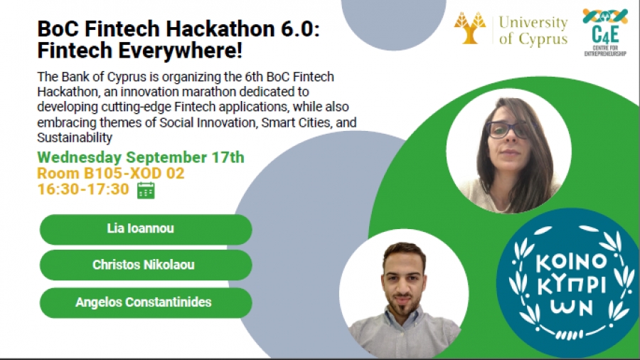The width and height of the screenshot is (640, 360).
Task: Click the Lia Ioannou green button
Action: click(146, 229)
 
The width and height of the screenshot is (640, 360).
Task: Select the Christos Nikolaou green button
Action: click(146, 265)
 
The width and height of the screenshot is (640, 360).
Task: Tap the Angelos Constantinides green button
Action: click(146, 303)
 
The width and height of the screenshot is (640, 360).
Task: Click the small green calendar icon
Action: click(146, 191)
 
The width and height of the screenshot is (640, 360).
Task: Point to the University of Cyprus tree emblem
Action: click(470, 28)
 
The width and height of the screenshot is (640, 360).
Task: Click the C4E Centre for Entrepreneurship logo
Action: click(605, 33)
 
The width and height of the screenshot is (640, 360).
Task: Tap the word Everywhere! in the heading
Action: click(180, 51)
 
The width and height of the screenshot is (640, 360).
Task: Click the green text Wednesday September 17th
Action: click(140, 157)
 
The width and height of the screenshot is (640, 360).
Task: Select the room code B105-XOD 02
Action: click(134, 174)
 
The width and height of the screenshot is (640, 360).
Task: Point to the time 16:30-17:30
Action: click(83, 189)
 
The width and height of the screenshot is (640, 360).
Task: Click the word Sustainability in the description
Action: click(74, 138)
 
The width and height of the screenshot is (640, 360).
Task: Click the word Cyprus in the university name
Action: click(543, 39)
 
